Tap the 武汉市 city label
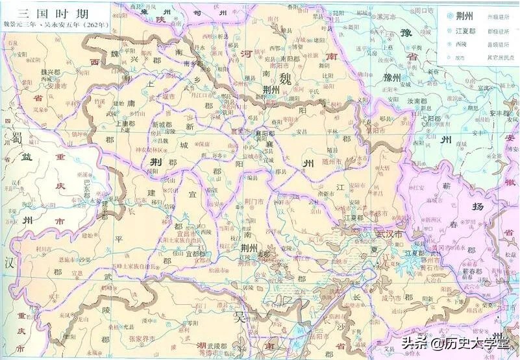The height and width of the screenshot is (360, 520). [x=390, y=234]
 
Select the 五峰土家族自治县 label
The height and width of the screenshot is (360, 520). [x=133, y=265]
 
